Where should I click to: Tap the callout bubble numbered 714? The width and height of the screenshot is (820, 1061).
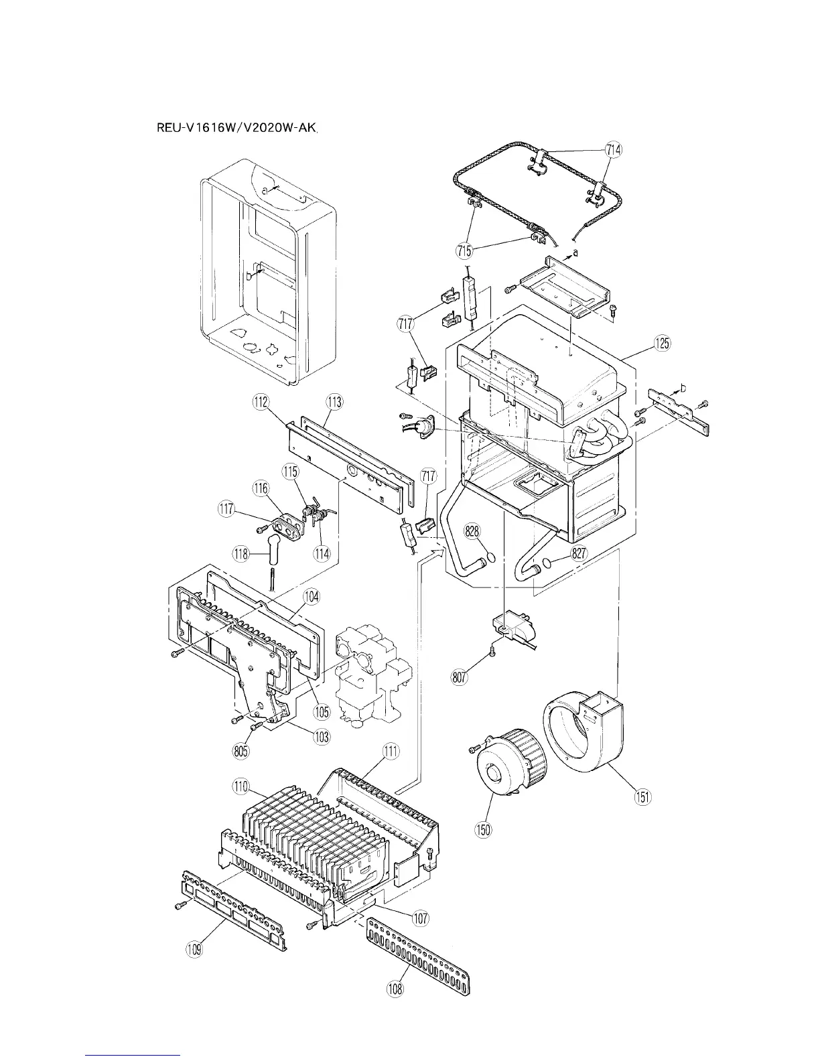point(612,150)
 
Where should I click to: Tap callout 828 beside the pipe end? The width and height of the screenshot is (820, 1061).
point(473,532)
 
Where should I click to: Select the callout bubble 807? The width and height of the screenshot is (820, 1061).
point(459,677)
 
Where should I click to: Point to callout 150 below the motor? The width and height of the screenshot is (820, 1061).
point(483,829)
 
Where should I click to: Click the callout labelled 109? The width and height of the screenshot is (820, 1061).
point(195,949)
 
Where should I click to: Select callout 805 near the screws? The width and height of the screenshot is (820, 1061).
point(241,751)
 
